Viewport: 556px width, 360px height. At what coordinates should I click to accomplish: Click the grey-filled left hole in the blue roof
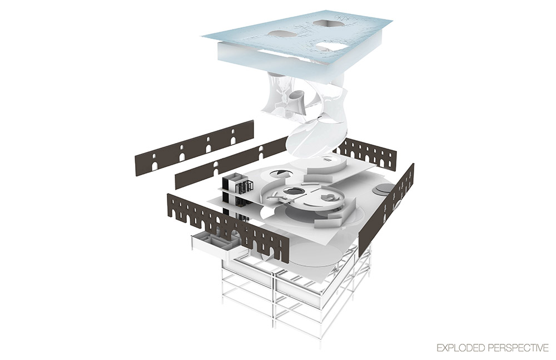point(282,33)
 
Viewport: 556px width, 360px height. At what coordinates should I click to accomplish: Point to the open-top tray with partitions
point(214,245)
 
